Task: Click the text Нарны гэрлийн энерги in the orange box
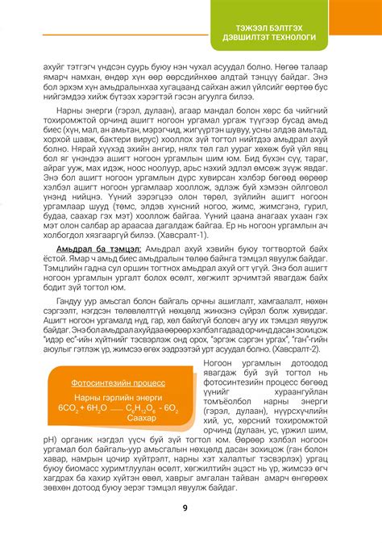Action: click(x=118, y=374)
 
